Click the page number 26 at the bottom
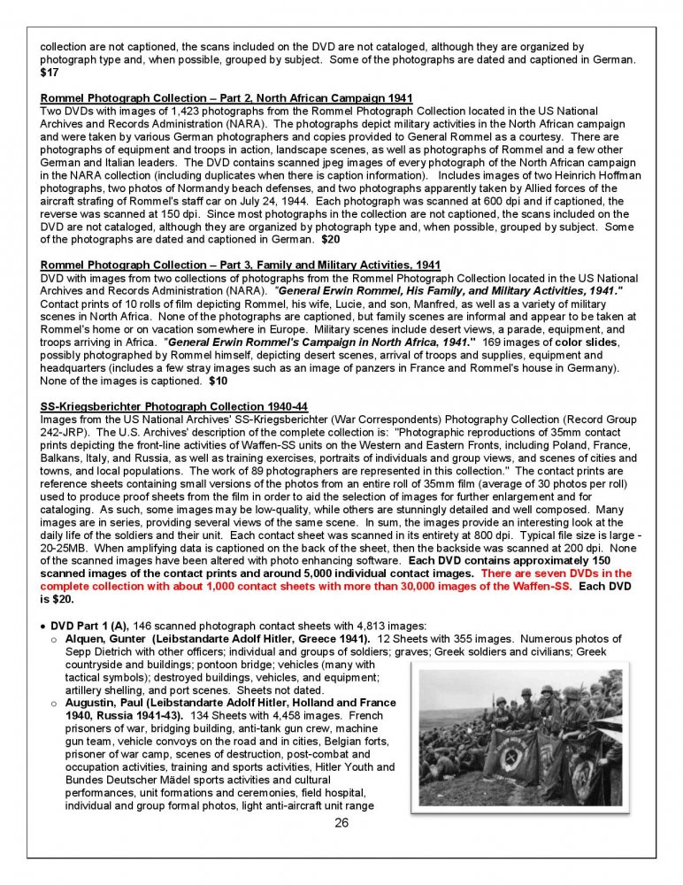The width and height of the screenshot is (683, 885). pos(341,824)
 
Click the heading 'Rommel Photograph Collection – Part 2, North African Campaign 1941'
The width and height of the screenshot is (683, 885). pos(226,97)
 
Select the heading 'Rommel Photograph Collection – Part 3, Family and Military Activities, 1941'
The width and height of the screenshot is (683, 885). pos(241,265)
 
